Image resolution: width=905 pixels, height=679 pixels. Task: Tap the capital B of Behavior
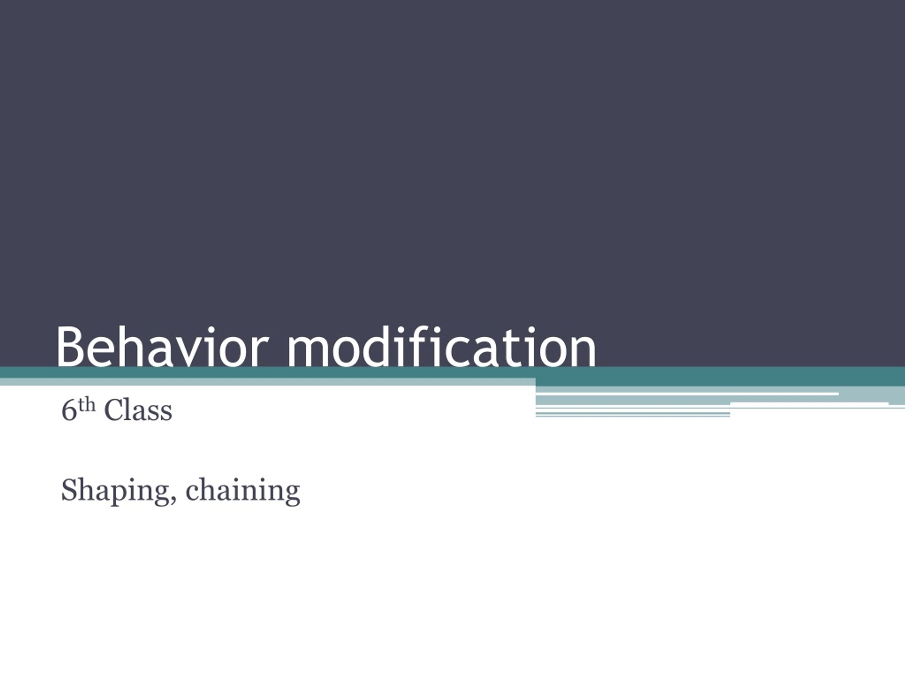click(x=70, y=347)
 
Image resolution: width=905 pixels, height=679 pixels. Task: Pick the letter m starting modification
click(x=308, y=352)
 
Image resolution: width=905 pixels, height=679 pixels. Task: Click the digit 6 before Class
click(x=69, y=410)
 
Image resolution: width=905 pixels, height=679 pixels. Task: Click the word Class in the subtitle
click(x=138, y=410)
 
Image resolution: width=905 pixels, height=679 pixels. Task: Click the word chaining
click(x=243, y=491)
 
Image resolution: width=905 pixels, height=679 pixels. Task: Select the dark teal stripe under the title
click(x=452, y=372)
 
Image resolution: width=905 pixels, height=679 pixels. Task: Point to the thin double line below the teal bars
click(x=633, y=414)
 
